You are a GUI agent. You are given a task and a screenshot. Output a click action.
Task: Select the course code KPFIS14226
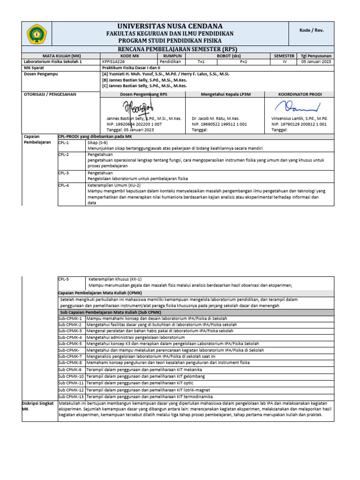(113, 61)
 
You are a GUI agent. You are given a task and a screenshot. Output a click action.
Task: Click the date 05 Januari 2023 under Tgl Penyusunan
(316, 61)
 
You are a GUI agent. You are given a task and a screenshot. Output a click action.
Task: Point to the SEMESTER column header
(284, 56)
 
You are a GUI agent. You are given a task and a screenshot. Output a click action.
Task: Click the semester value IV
(284, 61)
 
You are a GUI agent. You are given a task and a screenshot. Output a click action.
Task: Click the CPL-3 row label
(63, 172)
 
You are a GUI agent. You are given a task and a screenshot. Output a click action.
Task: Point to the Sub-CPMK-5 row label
(70, 344)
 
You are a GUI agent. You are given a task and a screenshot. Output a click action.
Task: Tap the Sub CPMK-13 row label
(71, 396)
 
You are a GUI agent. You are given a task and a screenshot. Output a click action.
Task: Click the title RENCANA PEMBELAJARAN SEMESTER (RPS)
(178, 49)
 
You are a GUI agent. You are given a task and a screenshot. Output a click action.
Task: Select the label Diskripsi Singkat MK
(37, 406)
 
